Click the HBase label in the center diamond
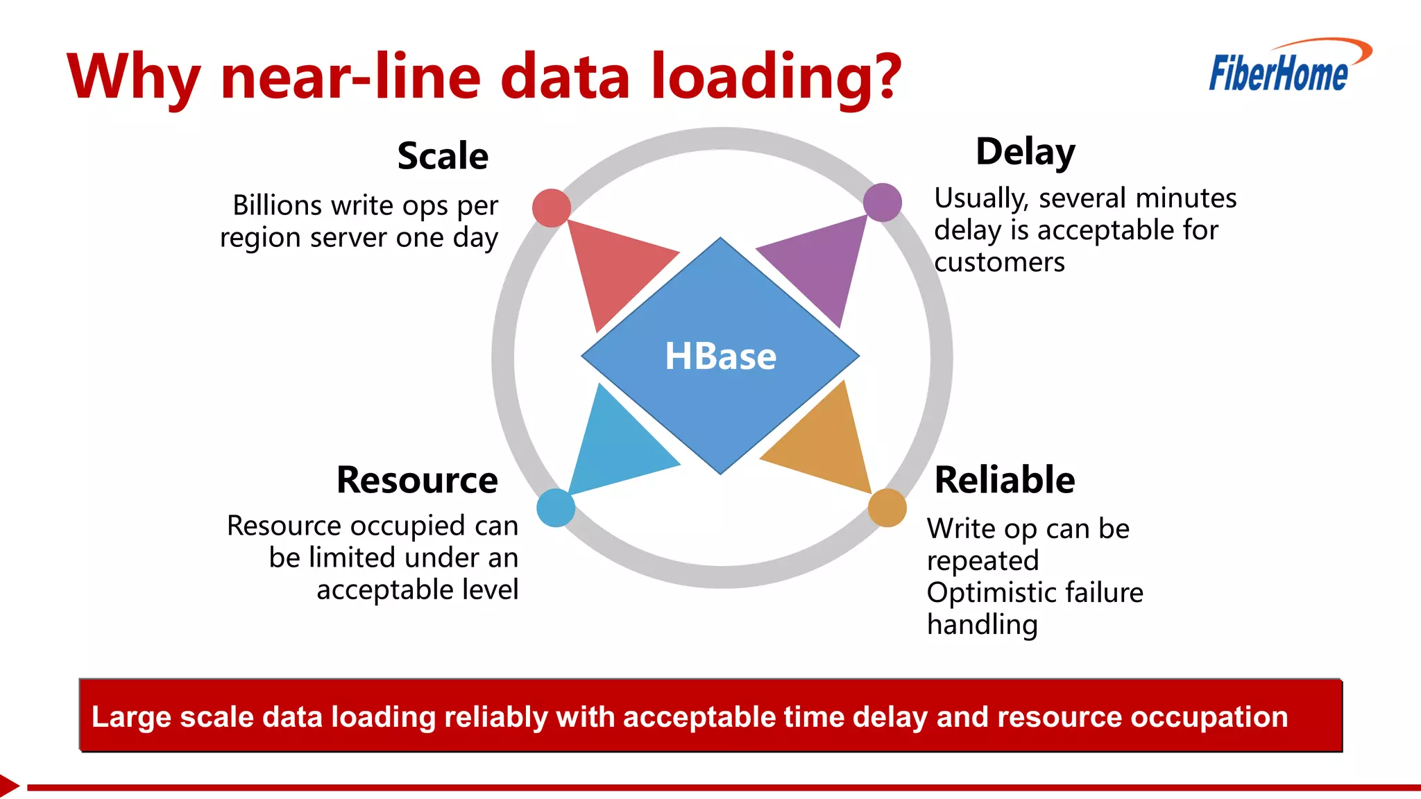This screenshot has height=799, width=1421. point(720,356)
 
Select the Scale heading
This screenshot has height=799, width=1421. point(443,156)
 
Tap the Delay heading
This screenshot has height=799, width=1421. point(1025,152)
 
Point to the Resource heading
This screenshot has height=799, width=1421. point(417,480)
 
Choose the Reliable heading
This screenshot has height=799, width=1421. point(1004,480)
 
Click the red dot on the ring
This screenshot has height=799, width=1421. point(552,208)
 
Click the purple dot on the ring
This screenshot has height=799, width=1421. point(883,203)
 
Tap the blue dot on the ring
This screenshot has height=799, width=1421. point(556,508)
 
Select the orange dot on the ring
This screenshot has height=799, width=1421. point(887,508)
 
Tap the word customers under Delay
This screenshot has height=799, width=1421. point(999,263)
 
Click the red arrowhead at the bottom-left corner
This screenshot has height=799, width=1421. point(8,787)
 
